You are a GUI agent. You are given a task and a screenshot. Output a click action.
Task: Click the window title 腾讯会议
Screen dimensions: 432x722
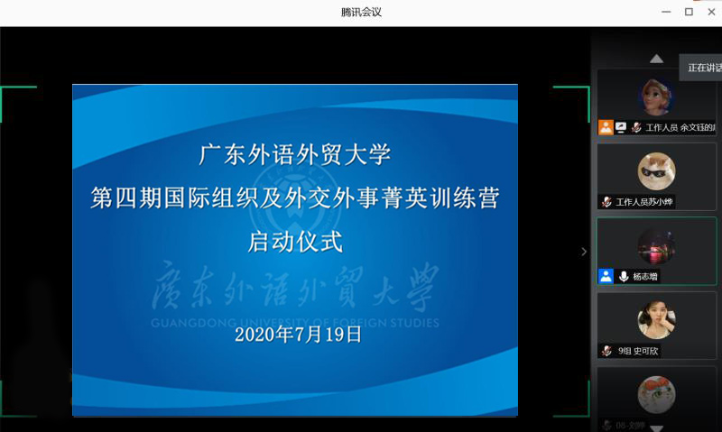(360, 12)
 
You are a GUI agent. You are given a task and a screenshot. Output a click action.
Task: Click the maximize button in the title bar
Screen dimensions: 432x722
(689, 12)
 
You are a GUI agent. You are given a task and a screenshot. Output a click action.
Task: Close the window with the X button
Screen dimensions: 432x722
(713, 12)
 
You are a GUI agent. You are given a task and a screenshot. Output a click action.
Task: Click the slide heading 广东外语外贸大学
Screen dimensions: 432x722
(295, 154)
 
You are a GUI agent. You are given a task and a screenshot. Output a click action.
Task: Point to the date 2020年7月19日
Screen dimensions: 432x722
(298, 334)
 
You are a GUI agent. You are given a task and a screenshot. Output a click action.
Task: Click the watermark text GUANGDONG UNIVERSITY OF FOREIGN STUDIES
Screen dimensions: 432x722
(295, 323)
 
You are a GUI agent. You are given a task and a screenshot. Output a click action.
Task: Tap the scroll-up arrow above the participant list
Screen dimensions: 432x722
(656, 59)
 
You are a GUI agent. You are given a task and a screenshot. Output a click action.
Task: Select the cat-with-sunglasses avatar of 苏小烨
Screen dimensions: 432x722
(656, 170)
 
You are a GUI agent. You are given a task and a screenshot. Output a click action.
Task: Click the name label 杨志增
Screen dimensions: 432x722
(645, 276)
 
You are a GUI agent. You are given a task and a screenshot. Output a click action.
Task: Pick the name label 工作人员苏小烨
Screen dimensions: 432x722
(644, 202)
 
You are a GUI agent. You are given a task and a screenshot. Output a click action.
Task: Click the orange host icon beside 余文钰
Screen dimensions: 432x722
(606, 127)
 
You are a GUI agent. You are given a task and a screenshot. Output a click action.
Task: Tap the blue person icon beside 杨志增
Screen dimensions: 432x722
(606, 276)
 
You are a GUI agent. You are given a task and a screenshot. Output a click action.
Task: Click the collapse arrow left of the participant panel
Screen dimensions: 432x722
(584, 252)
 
